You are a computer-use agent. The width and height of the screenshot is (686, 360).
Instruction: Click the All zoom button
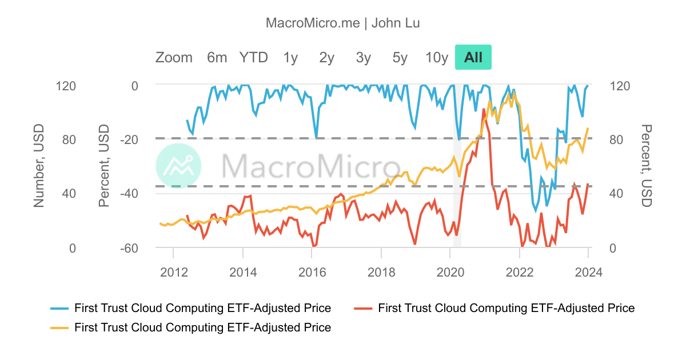pos(473,57)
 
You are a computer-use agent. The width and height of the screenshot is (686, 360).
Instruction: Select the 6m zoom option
pos(217,57)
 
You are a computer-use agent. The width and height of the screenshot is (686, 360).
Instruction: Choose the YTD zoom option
pos(253,57)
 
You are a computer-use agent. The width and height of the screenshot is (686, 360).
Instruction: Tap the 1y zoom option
pos(290,57)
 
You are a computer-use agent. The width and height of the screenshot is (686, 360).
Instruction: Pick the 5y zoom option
pos(400,57)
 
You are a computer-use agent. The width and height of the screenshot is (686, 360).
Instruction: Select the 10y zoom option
pos(437,57)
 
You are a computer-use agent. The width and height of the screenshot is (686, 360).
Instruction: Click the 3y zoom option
pos(363,57)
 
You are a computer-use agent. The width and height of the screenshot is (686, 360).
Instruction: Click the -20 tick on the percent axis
pos(127,139)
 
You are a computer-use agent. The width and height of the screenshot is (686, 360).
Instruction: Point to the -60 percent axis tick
pos(127,249)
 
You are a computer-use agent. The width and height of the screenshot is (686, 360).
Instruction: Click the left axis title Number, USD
pos(39,166)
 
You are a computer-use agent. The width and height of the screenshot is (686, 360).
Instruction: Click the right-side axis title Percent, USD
pos(646,166)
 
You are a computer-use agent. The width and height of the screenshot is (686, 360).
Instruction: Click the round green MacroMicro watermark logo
pos(179,166)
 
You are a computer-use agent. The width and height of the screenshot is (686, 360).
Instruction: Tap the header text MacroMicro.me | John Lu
pos(343,23)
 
